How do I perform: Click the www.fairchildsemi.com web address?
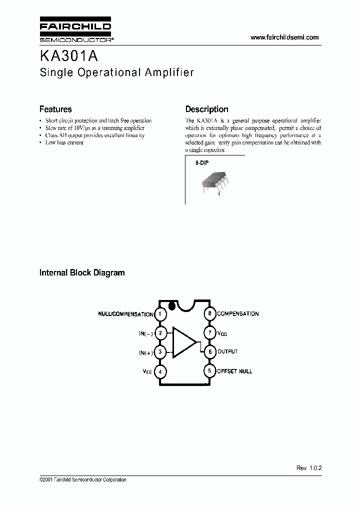pyautogui.click(x=284, y=37)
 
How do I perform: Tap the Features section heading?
pyautogui.click(x=55, y=109)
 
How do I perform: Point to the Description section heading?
pyautogui.click(x=206, y=109)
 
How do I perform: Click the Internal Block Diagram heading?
pyautogui.click(x=82, y=273)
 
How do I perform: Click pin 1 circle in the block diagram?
pyautogui.click(x=160, y=314)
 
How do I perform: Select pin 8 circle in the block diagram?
pyautogui.click(x=209, y=314)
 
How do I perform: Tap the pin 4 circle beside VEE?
pyautogui.click(x=160, y=371)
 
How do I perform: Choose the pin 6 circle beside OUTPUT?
pyautogui.click(x=209, y=352)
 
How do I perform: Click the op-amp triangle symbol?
pyautogui.click(x=183, y=342)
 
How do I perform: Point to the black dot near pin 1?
pyautogui.click(x=171, y=305)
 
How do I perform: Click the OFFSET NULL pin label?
pyautogui.click(x=234, y=371)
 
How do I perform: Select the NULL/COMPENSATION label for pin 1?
pyautogui.click(x=125, y=314)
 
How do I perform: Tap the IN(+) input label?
pyautogui.click(x=145, y=352)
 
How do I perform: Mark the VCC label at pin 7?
pyautogui.click(x=222, y=333)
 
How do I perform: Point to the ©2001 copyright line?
pyautogui.click(x=82, y=480)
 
